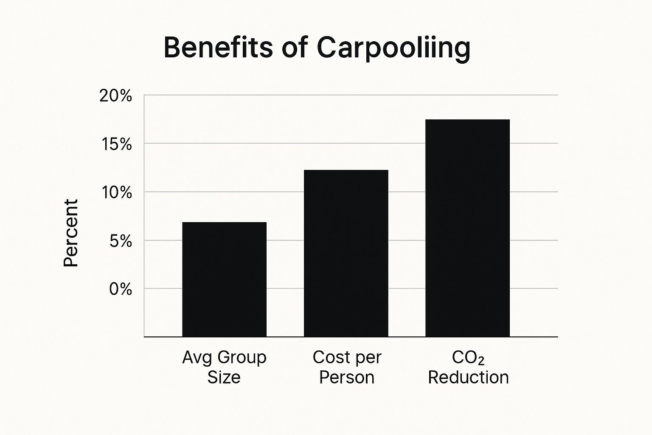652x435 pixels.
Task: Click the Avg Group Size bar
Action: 224,279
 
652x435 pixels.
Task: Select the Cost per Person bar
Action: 346,253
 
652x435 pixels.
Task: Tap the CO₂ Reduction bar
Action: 467,228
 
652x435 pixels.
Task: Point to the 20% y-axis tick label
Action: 115,96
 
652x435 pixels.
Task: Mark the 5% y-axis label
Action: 120,241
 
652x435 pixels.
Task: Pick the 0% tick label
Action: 121,289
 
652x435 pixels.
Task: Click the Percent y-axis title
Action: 71,233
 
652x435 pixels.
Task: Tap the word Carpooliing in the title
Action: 393,48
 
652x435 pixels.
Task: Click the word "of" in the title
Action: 294,47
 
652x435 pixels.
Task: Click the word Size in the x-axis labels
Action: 224,377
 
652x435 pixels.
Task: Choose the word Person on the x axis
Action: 346,377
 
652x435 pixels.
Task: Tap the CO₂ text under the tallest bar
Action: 468,358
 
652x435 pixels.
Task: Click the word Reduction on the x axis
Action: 468,377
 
